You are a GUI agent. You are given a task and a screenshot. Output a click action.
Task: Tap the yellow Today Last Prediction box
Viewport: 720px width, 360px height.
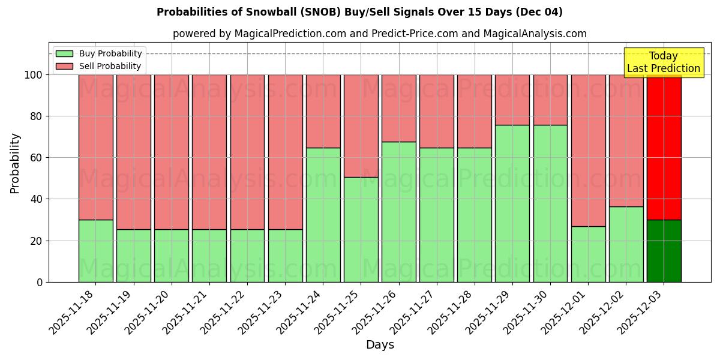663,62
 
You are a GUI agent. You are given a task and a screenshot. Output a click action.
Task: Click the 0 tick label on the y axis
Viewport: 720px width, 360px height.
40,282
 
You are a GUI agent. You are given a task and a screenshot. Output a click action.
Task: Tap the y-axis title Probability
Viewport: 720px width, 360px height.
15,163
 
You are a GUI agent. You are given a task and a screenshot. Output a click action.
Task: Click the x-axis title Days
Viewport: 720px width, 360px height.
380,345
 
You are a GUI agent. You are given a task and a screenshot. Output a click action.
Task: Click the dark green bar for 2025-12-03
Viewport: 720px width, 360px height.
664,251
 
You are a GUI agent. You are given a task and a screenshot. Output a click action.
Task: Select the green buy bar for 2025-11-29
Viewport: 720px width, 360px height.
512,204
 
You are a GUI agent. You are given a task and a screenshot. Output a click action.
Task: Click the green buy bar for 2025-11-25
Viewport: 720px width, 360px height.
361,230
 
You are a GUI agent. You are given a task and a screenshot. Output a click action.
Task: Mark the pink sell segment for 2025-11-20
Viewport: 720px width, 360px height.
171,152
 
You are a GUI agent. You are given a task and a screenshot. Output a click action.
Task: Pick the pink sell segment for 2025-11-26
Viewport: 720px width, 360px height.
398,108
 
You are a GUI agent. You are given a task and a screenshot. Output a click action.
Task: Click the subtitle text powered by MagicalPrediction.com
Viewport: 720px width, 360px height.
379,34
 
